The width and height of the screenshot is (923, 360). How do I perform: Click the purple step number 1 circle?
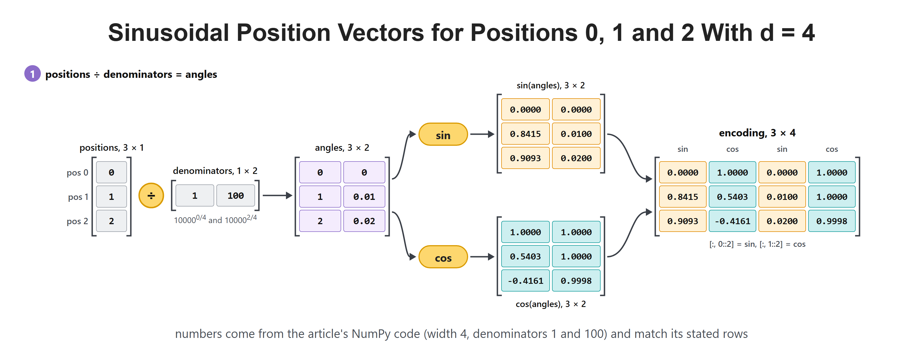pyautogui.click(x=32, y=74)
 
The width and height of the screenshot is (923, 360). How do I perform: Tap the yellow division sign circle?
pyautogui.click(x=151, y=195)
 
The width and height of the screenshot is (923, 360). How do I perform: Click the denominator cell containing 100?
pyautogui.click(x=235, y=195)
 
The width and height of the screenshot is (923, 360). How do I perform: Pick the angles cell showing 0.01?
pyautogui.click(x=364, y=197)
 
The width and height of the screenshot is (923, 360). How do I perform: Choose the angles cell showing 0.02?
pyautogui.click(x=364, y=221)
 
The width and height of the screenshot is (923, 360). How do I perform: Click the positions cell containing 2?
pyautogui.click(x=112, y=221)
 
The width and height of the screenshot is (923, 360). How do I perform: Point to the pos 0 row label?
pyautogui.click(x=77, y=173)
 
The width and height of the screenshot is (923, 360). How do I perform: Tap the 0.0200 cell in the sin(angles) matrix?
pyautogui.click(x=576, y=158)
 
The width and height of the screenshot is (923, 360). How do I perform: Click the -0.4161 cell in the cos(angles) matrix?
pyautogui.click(x=525, y=281)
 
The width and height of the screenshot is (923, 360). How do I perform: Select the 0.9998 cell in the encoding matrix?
pyautogui.click(x=832, y=221)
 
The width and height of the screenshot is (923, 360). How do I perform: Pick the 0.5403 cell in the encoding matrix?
pyautogui.click(x=732, y=197)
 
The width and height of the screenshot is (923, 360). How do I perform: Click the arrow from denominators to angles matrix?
pyautogui.click(x=278, y=195)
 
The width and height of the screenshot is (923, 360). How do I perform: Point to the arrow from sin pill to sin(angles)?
pyautogui.click(x=482, y=134)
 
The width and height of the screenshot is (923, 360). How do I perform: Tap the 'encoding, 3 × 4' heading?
pyautogui.click(x=757, y=133)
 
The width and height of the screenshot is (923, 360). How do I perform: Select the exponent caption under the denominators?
pyautogui.click(x=215, y=219)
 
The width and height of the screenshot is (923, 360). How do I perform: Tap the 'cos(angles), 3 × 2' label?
pyautogui.click(x=551, y=304)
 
